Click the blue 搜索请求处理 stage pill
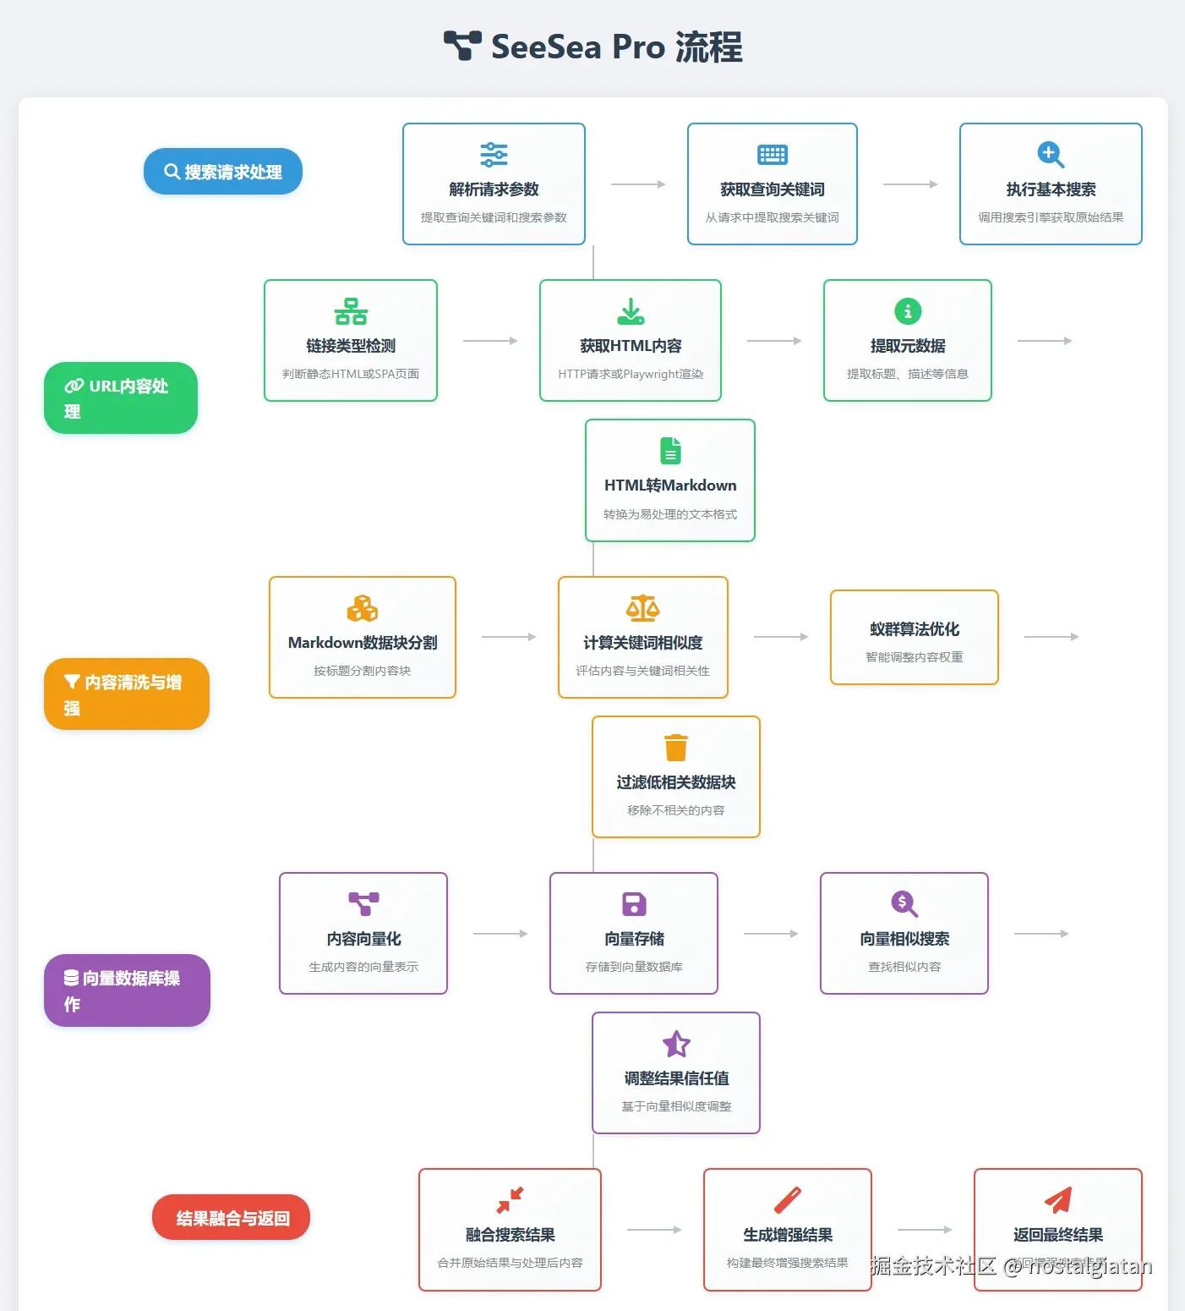tap(223, 172)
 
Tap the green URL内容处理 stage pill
tap(121, 398)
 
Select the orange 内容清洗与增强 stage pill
tap(127, 694)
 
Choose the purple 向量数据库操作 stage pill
tap(127, 990)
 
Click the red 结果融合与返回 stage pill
tap(232, 1218)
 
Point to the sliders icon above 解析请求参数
tap(494, 155)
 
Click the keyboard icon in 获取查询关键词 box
tap(773, 155)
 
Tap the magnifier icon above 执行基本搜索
tap(1051, 155)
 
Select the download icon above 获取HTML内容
tap(631, 311)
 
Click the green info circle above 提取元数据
tap(908, 311)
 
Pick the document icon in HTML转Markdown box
tap(670, 451)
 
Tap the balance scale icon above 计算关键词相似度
tap(643, 608)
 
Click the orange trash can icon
tap(676, 748)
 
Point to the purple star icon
tap(676, 1044)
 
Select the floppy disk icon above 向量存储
tap(634, 904)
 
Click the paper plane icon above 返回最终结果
tap(1058, 1199)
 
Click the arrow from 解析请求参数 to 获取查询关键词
tap(638, 184)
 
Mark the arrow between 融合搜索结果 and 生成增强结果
tap(654, 1230)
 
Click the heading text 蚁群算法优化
tap(915, 629)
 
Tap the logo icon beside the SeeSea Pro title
tap(462, 46)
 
